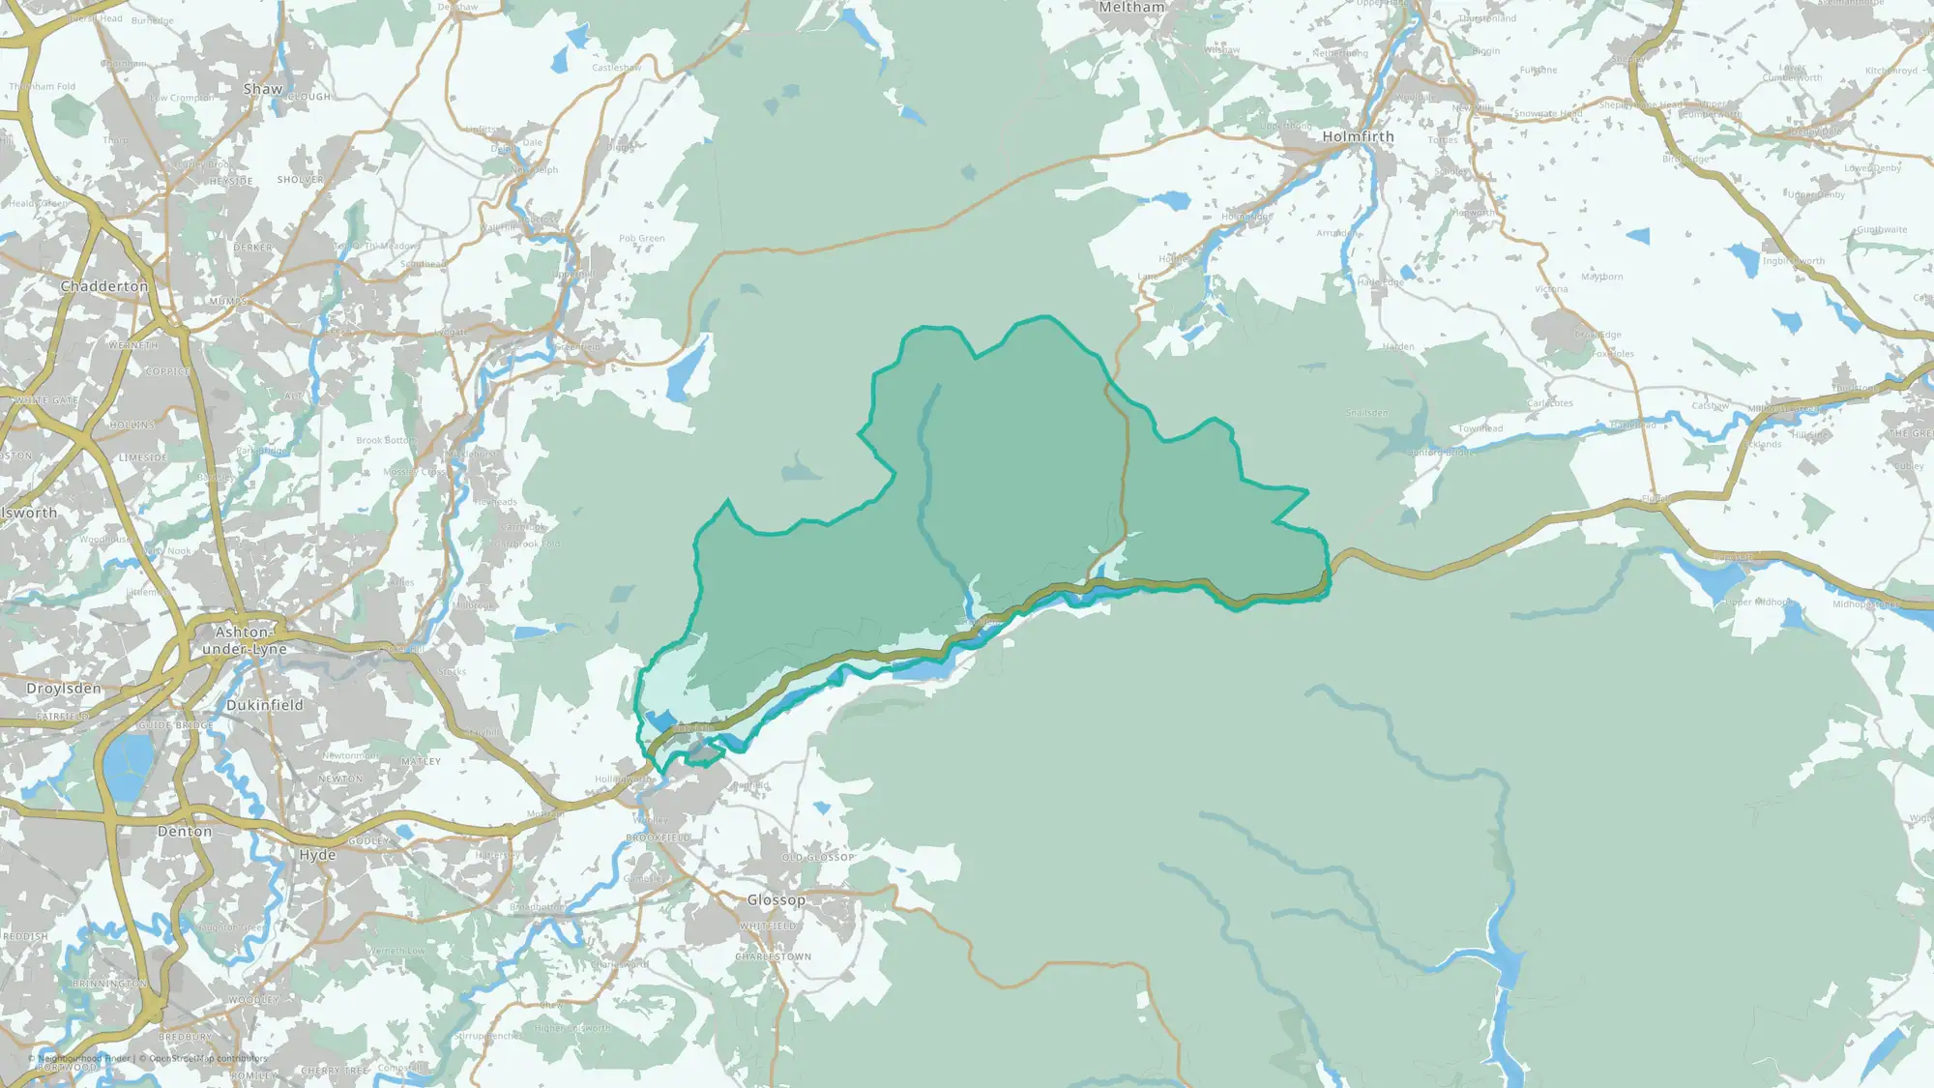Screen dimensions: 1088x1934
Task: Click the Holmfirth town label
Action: coord(1358,137)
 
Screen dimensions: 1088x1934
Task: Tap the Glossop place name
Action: coord(776,899)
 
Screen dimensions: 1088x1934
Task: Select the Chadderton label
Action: coord(104,286)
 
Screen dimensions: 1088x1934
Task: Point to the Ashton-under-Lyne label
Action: coord(244,640)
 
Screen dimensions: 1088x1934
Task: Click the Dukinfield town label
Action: coord(264,705)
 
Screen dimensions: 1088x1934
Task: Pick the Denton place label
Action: coord(184,831)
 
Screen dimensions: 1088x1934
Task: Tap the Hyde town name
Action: coord(317,855)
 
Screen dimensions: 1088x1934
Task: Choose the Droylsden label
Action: coord(64,689)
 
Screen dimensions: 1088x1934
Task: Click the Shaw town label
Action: coord(263,89)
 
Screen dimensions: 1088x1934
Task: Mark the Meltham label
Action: coord(1131,8)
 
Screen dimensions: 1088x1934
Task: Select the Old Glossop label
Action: coord(818,857)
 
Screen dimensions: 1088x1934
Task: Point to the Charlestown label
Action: coord(774,956)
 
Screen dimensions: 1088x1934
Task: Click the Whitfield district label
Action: coord(769,926)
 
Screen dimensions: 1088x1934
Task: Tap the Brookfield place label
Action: coord(659,838)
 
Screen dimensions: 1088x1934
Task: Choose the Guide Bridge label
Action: coord(175,725)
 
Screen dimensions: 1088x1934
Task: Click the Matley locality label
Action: coord(421,761)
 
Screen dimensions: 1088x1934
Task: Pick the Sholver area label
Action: coord(301,180)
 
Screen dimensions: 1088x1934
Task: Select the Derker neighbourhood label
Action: coord(252,248)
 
